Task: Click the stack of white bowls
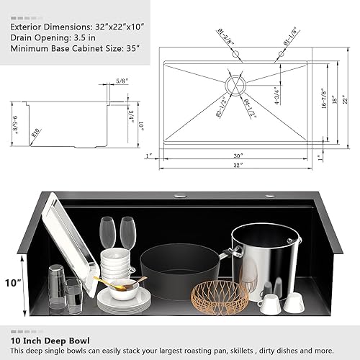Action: [117, 266]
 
